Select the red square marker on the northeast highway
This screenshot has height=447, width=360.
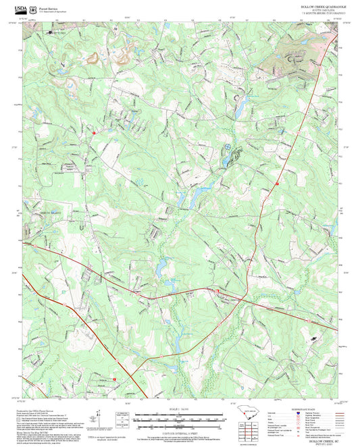point(277,183)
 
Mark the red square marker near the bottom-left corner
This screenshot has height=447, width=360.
point(115,379)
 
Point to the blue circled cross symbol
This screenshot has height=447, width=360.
point(228,145)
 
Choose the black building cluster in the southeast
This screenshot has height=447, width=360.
point(313,338)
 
